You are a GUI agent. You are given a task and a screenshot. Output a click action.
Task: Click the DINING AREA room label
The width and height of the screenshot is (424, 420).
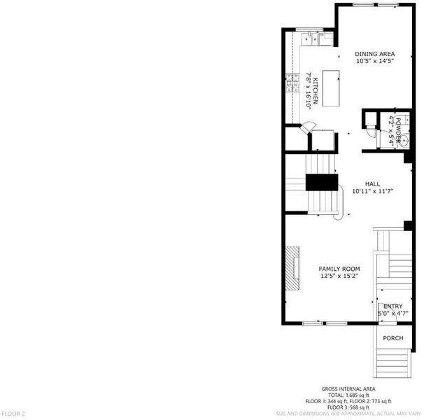click(374, 54)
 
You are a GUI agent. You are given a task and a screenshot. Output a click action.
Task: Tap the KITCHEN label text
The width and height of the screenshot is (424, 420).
click(316, 91)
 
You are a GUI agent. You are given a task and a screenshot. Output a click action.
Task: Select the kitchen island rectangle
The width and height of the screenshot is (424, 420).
click(331, 88)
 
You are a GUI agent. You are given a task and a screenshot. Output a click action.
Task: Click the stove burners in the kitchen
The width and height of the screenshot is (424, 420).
click(293, 83)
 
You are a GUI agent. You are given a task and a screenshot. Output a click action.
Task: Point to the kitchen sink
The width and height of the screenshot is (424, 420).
click(311, 39)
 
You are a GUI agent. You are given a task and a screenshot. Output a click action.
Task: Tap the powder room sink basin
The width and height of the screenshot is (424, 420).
click(404, 141)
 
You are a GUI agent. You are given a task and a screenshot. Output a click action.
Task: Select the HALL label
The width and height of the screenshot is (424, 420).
click(372, 184)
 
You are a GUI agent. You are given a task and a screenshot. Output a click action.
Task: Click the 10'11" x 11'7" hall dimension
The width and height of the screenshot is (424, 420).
click(372, 191)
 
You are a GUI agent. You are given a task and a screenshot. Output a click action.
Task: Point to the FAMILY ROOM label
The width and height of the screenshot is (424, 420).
click(339, 269)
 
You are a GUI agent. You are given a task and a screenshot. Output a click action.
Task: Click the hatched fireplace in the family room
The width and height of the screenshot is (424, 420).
click(292, 268)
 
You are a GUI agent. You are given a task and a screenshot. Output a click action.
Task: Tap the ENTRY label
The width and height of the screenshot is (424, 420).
click(393, 306)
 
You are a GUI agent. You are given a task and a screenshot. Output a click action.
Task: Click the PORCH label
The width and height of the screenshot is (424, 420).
click(393, 338)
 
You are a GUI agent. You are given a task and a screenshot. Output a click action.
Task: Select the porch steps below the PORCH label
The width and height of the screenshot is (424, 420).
click(393, 363)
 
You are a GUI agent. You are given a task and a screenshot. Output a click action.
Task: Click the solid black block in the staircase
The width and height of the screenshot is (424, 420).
click(322, 183)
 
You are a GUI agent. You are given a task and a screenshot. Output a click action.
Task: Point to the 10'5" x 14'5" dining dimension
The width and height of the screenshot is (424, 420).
click(374, 61)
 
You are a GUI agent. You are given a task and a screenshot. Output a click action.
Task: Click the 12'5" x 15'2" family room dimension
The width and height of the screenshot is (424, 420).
click(339, 276)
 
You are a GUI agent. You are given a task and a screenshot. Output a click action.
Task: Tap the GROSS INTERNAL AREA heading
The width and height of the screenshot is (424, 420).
click(348, 389)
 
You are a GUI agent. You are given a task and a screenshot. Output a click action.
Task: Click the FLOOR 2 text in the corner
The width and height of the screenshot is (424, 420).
click(13, 414)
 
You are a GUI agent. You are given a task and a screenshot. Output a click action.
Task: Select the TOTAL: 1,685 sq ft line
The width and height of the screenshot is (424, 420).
click(348, 395)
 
